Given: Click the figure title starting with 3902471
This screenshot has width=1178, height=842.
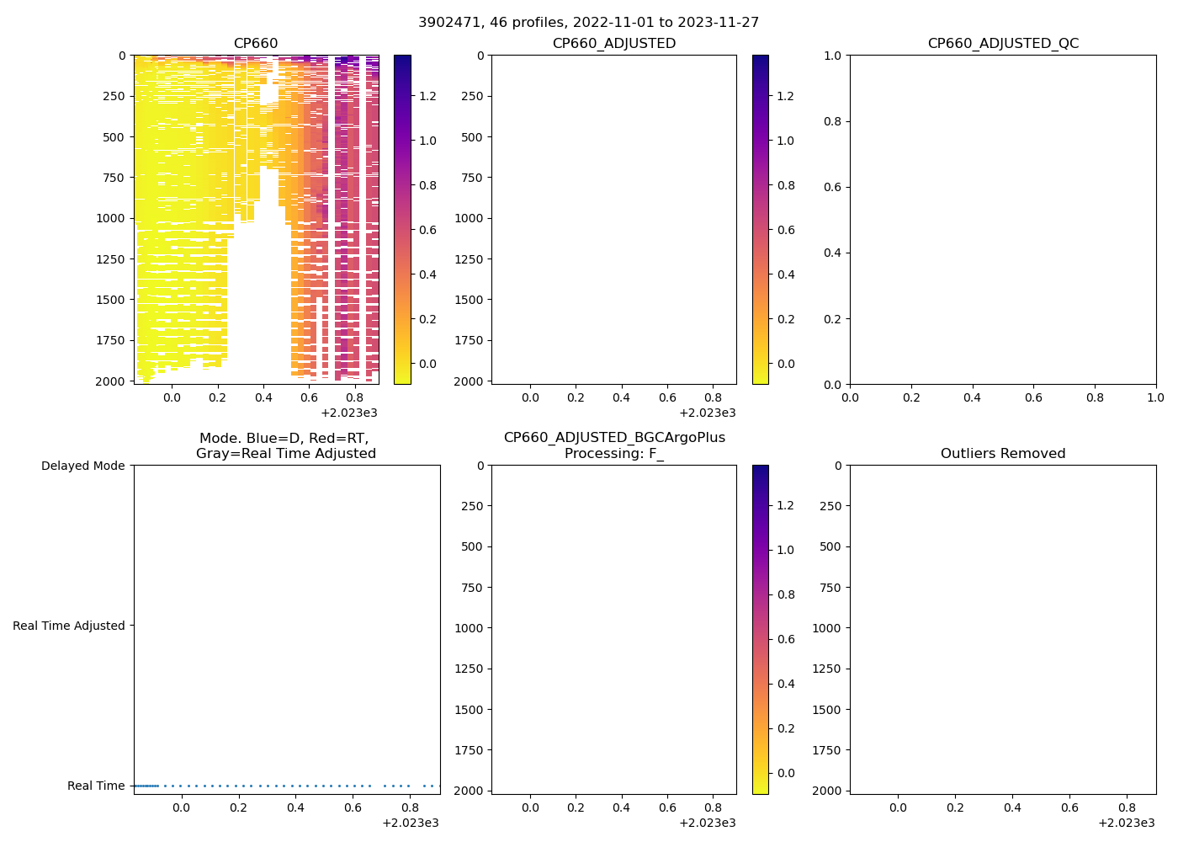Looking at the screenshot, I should click(588, 23).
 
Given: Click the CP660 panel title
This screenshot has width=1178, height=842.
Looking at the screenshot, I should click(256, 44).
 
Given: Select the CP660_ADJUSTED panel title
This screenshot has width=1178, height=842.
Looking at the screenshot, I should click(613, 44).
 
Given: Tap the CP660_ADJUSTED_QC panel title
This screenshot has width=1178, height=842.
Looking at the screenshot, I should click(1003, 44).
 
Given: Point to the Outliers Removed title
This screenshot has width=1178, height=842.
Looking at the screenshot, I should click(1003, 454).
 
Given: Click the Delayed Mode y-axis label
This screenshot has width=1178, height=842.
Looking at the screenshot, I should click(82, 466).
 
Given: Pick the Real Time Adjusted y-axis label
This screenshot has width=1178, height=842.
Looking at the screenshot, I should click(69, 626).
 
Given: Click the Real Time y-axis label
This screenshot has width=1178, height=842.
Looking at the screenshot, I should click(96, 786).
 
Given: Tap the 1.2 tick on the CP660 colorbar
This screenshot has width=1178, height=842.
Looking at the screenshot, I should click(428, 96).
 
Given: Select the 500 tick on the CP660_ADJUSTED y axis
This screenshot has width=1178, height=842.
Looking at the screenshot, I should click(473, 137).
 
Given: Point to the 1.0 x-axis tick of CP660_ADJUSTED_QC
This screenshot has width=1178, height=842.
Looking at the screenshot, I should click(1156, 397).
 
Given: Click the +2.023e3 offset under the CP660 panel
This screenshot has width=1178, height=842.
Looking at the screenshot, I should click(349, 413).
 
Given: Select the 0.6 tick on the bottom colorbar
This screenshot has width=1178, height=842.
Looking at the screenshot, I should click(786, 639).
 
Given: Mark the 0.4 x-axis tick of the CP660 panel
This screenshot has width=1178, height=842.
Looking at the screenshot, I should click(263, 397).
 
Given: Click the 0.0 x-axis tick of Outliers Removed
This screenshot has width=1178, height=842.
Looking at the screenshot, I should click(899, 807).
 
